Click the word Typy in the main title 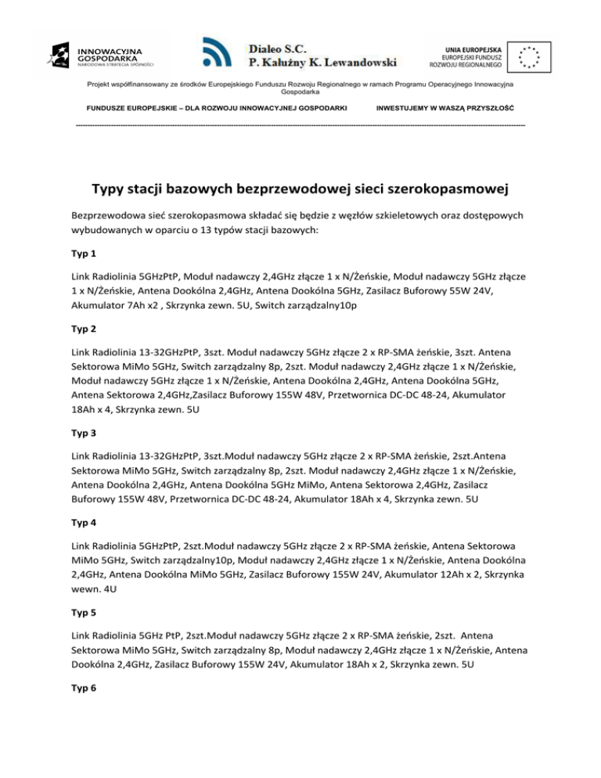[x=111, y=189]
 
